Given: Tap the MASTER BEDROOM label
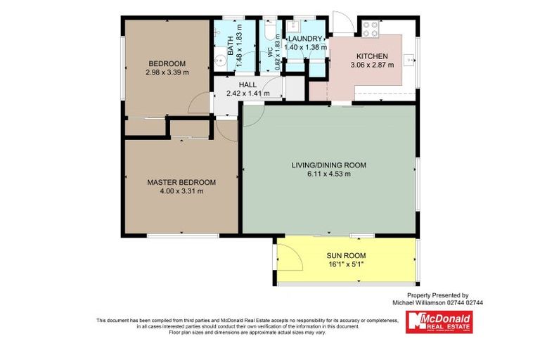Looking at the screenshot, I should coord(181,182).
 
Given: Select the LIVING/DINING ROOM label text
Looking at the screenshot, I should coord(329,165).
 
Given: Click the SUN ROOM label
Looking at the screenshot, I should coord(346,255).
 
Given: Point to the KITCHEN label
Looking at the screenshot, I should coord(372,56).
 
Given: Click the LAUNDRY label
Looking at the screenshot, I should coord(303,39).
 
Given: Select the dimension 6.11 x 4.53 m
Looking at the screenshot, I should coord(329,174).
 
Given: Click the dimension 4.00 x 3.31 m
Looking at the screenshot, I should coord(181,191).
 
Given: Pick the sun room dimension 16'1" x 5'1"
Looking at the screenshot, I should coord(346,264).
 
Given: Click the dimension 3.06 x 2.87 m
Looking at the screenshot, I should coord(372,64).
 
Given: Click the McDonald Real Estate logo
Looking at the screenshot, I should coord(439,321).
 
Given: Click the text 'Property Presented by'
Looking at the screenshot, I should coord(437,295).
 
